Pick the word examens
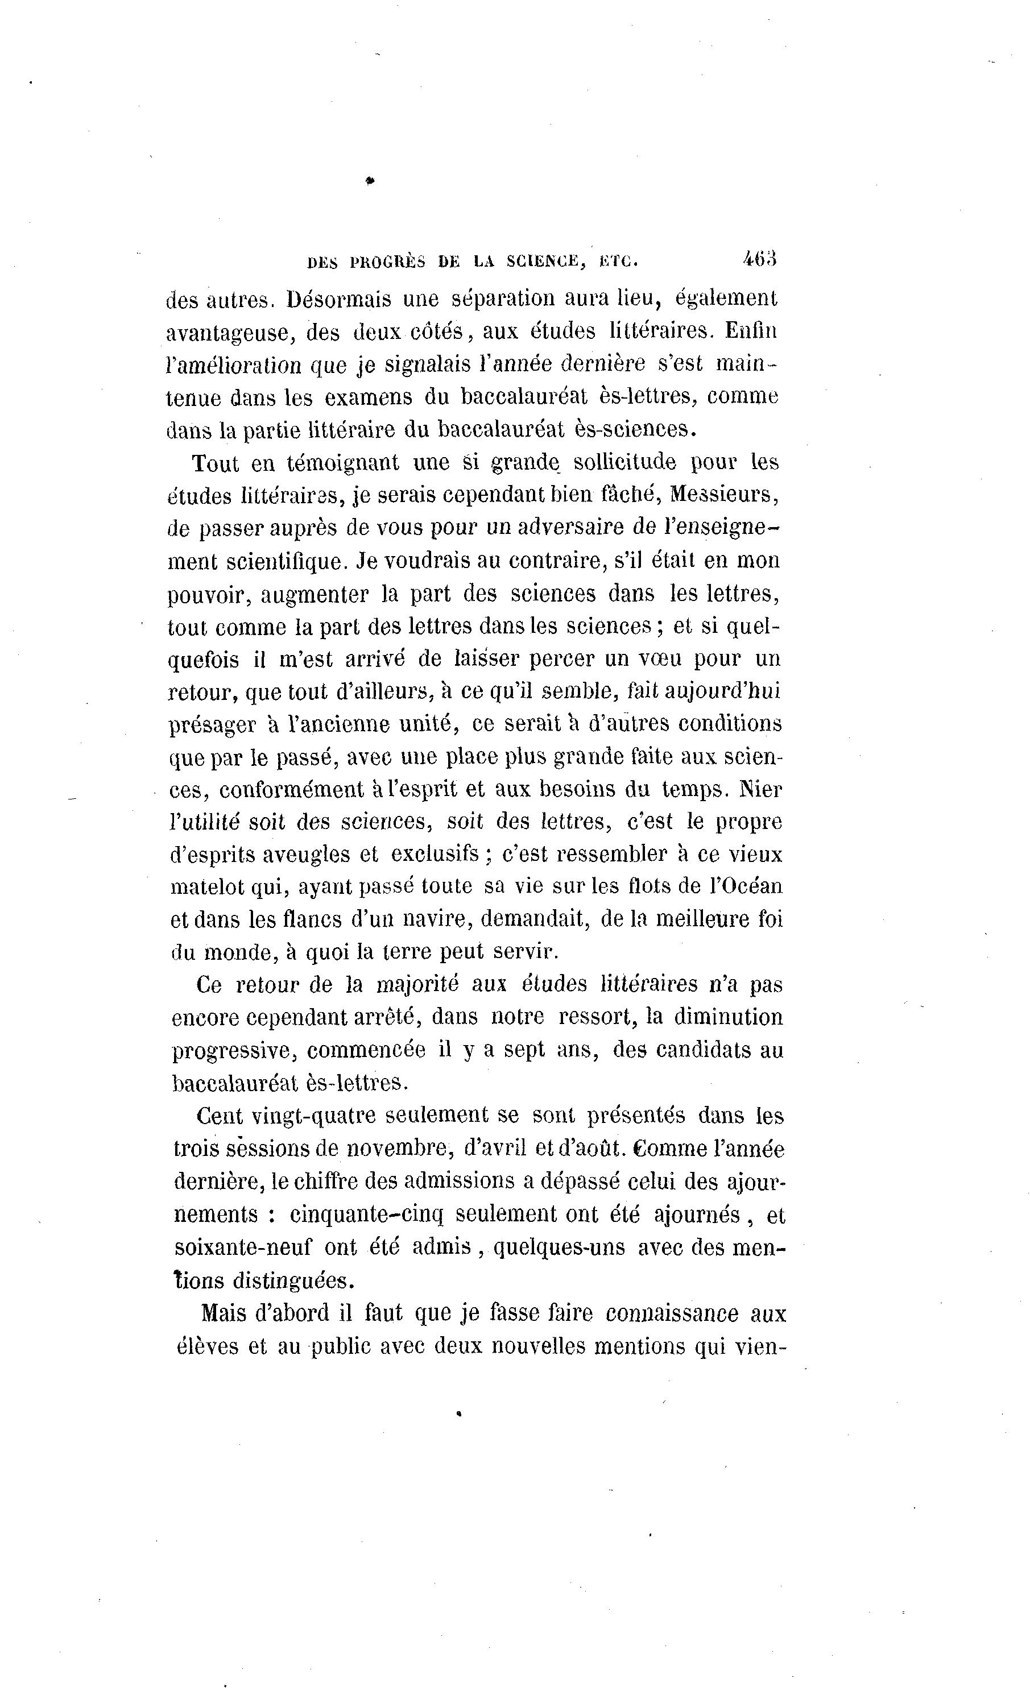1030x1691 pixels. tap(377, 398)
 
